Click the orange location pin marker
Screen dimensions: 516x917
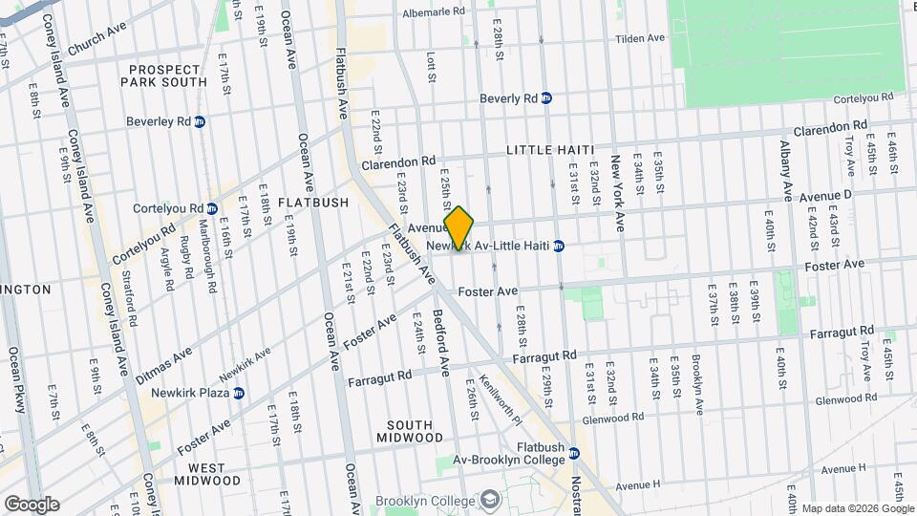pos(458,229)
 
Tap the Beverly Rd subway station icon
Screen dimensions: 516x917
pos(546,97)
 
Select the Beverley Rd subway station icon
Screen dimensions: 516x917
pos(200,121)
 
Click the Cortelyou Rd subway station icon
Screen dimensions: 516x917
pos(212,208)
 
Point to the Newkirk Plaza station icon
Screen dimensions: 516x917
pos(239,392)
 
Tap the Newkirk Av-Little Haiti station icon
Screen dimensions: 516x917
pos(560,246)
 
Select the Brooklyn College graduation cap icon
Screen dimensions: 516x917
pos(490,501)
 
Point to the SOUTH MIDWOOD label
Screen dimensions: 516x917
pos(416,431)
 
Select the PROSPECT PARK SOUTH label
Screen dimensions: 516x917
pos(163,75)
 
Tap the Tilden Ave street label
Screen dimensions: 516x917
pos(639,38)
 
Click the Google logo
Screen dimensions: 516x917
pos(31,504)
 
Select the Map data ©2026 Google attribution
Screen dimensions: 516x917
pos(857,507)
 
